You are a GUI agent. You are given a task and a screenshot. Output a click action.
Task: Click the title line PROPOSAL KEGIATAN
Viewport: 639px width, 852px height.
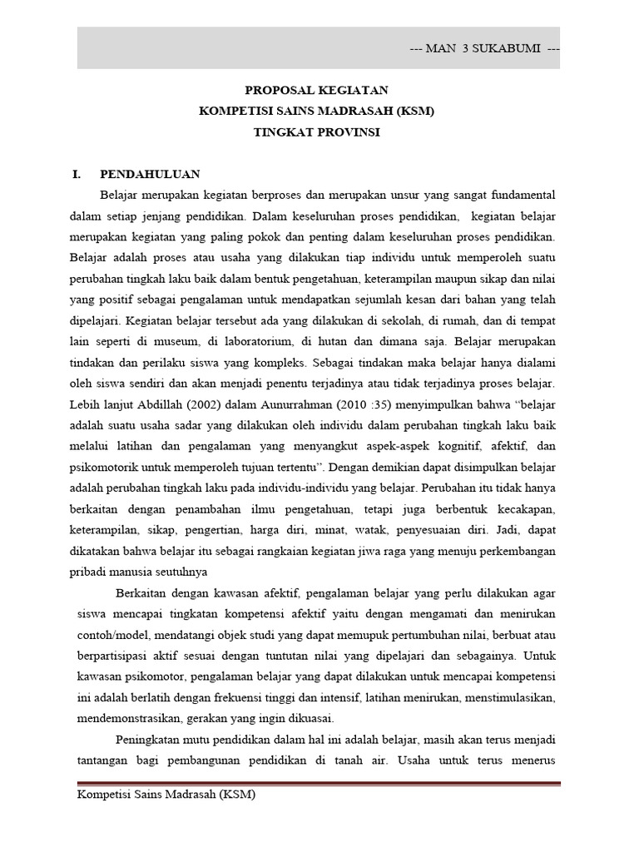(x=316, y=90)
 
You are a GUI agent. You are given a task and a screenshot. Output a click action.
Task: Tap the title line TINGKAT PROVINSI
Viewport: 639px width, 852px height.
(x=316, y=132)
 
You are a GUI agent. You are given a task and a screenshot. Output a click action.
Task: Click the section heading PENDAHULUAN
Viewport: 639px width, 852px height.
(x=150, y=175)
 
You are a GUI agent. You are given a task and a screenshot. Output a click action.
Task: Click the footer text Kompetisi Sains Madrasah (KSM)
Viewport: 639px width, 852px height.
(x=166, y=795)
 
